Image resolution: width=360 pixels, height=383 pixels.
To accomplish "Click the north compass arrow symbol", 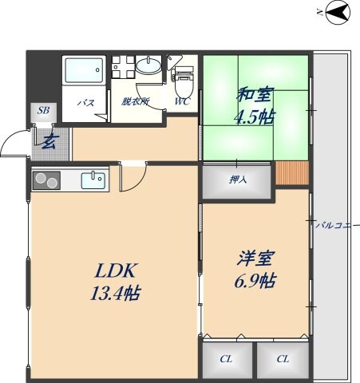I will point(337,12).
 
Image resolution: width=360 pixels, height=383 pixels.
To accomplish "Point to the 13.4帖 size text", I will point(115,293).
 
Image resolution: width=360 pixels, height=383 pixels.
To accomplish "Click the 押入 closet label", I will point(238,180).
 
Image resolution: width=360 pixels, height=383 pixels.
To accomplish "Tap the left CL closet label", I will point(227,359).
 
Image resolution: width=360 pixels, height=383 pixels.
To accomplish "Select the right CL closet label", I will point(283,359).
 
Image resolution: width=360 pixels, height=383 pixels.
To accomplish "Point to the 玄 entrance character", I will point(49,143).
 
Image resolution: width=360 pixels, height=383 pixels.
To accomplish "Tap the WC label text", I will point(182,102).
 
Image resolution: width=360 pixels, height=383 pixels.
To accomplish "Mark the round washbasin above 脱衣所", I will point(148,66).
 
